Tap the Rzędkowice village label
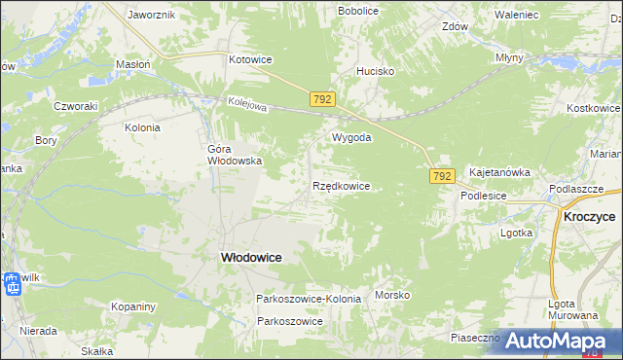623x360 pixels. coord(341,185)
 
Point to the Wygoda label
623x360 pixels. coord(352,138)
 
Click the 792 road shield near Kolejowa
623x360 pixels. coord(324,99)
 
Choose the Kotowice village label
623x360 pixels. coord(250,59)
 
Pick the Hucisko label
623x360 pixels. coord(375,71)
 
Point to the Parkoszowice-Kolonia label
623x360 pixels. coord(308,299)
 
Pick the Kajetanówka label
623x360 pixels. coord(499,172)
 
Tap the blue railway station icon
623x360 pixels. coord(13,286)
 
